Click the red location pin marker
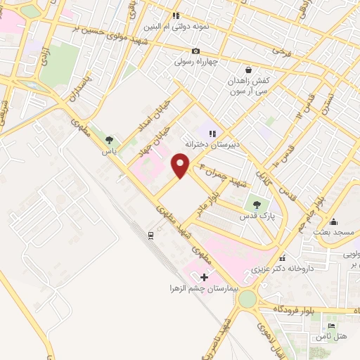tap(181, 165)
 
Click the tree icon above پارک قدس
tap(256, 205)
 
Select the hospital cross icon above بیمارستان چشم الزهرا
tap(205, 277)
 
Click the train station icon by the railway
tap(151, 235)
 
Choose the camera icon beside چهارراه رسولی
tap(196, 51)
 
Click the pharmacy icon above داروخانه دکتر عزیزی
tap(282, 258)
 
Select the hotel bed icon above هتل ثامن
tap(333, 326)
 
